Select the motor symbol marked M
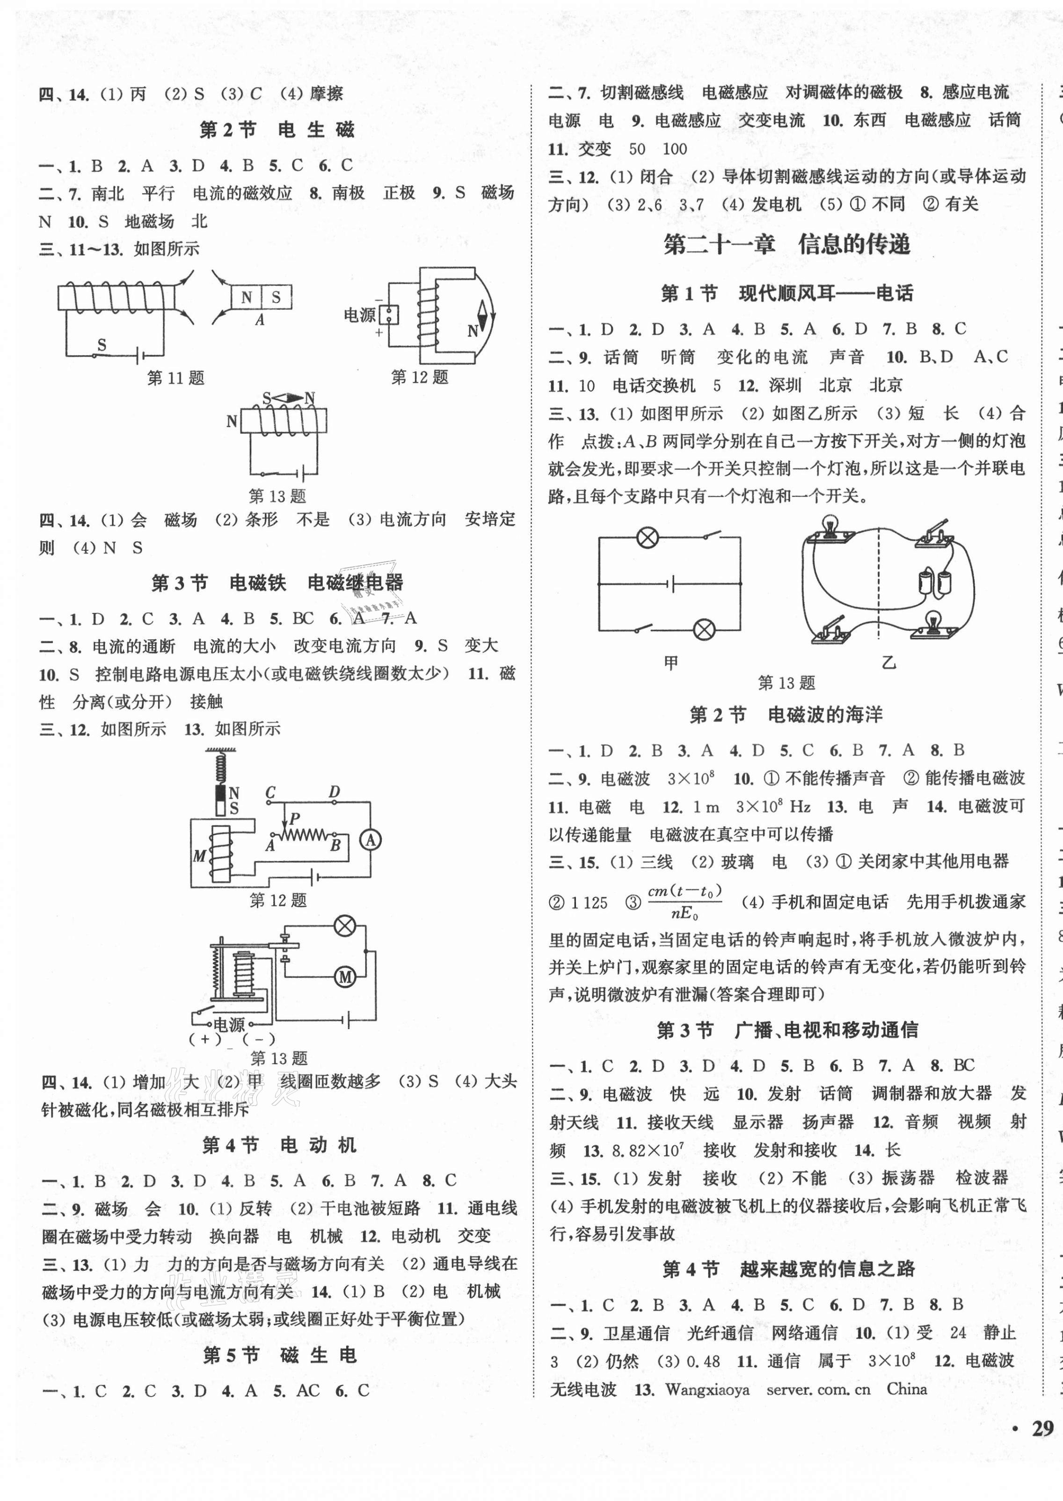pyautogui.click(x=345, y=977)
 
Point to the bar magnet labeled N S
pyautogui.click(x=261, y=297)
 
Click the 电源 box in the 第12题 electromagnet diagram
pyautogui.click(x=390, y=315)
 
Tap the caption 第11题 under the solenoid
pyautogui.click(x=175, y=378)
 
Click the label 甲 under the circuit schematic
pyautogui.click(x=670, y=663)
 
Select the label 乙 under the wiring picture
pyautogui.click(x=888, y=663)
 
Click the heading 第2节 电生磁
pyautogui.click(x=277, y=130)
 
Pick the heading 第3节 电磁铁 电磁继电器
pyautogui.click(x=277, y=583)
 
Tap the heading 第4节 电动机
pyautogui.click(x=279, y=1145)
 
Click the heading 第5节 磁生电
pyautogui.click(x=279, y=1355)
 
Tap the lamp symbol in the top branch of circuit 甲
pyautogui.click(x=648, y=538)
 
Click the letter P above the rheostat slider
pyautogui.click(x=294, y=817)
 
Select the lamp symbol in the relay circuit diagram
pyautogui.click(x=344, y=925)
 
